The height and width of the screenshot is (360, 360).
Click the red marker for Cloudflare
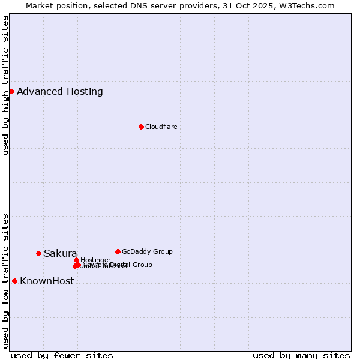point(141,127)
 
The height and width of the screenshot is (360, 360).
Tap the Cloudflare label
point(161,127)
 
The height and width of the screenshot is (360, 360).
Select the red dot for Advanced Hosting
point(11,91)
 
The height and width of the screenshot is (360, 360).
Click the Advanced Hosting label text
point(60,92)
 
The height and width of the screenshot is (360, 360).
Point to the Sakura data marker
point(38,253)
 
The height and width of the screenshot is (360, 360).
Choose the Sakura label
point(60,253)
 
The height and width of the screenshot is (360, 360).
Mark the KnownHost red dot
point(14,281)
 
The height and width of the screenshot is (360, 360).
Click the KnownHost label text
point(47,281)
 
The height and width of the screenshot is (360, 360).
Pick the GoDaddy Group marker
point(118,251)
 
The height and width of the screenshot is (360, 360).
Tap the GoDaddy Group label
point(147,251)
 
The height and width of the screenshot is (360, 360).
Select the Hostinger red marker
point(76,260)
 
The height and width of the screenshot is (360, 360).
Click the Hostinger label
point(95,260)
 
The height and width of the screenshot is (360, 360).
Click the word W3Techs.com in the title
point(306,5)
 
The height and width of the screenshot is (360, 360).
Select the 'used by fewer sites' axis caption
point(62,355)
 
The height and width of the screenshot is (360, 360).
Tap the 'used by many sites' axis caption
point(301,355)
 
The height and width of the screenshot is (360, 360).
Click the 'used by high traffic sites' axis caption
point(5,85)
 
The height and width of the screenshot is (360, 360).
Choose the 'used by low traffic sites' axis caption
point(5,280)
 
